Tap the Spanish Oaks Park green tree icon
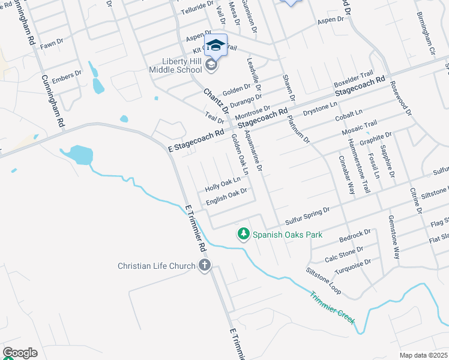pos(243,234)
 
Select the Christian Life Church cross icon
pos(205,266)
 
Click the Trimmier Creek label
pos(333,308)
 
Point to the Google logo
pos(20,353)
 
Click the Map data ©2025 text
pos(424,355)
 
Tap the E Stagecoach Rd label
pos(196,139)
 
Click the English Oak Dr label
pos(227,197)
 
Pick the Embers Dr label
pos(67,76)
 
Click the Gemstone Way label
pos(393,236)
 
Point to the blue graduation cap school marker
pos(215,45)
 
